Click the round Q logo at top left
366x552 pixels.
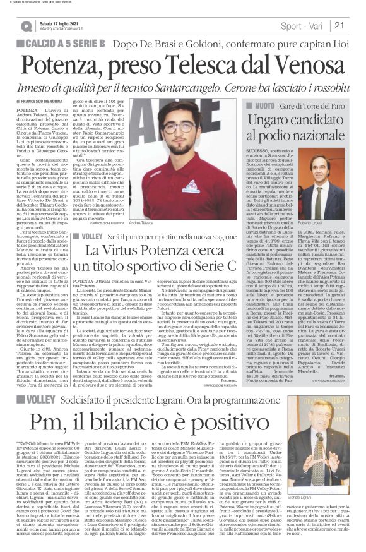[27, 26]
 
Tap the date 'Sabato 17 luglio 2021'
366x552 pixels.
[60, 23]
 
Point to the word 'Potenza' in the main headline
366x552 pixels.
[64, 61]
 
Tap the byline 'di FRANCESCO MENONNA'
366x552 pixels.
[46, 101]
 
